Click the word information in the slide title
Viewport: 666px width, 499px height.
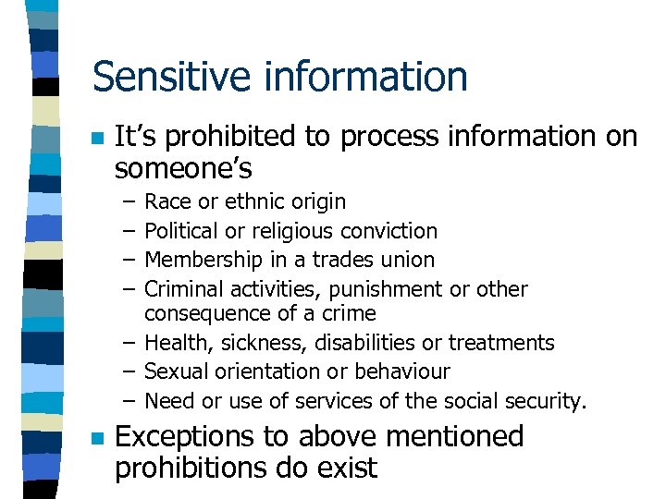click(364, 77)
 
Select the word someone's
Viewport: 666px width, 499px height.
click(183, 168)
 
